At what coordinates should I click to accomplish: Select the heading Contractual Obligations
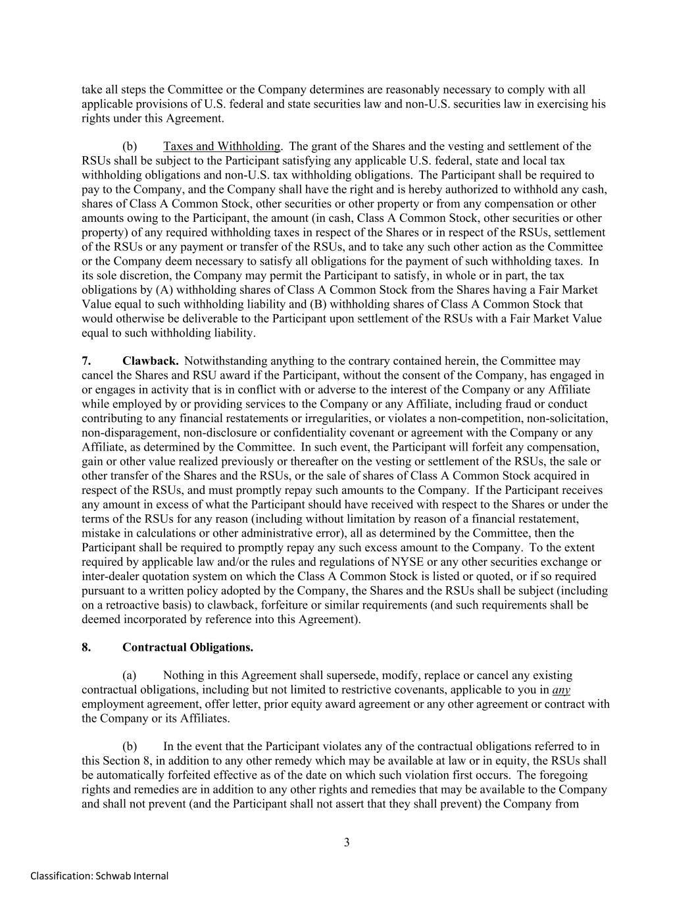187,647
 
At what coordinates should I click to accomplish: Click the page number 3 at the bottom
347,842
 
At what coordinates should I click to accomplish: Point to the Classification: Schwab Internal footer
99,876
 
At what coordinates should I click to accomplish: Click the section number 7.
86,361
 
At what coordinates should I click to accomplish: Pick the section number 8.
86,647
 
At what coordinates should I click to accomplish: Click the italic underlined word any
561,690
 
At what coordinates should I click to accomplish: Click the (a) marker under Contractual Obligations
130,675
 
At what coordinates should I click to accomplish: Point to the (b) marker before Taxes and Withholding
130,146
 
